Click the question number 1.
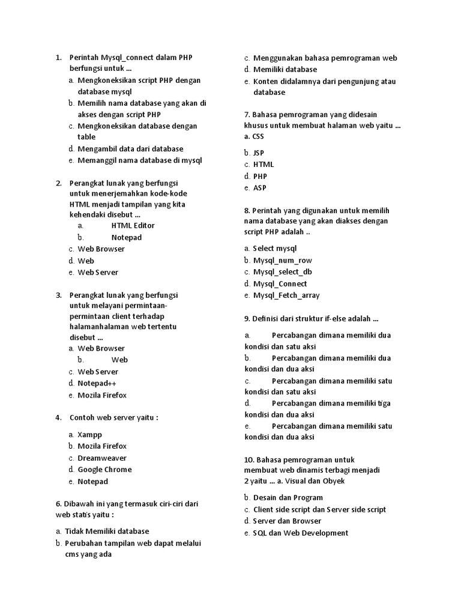[58, 58]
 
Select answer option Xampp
[89, 434]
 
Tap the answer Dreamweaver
[102, 458]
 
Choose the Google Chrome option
[104, 470]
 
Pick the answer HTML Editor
[133, 225]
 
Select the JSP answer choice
[259, 153]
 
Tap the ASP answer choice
[259, 188]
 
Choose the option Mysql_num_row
[282, 260]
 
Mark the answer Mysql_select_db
[282, 272]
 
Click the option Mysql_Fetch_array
[286, 295]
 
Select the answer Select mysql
[275, 248]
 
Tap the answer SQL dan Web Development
[300, 533]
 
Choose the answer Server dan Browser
[287, 521]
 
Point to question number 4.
[58, 417]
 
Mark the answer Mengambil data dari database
[130, 149]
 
